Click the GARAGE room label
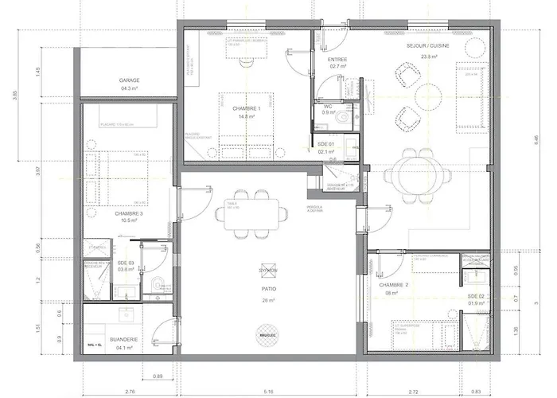129,80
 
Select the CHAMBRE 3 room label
128,213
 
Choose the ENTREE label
337,60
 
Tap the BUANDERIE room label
128,339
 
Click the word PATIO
267,291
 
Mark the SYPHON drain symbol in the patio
267,271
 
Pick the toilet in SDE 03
156,284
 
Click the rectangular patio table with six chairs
251,213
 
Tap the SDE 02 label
476,296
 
